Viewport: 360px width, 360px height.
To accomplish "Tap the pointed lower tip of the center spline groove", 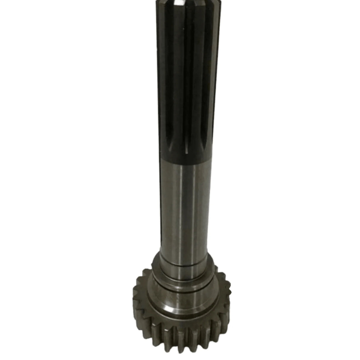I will [x=187, y=154].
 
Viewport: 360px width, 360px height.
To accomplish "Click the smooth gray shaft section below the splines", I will [x=184, y=208].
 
